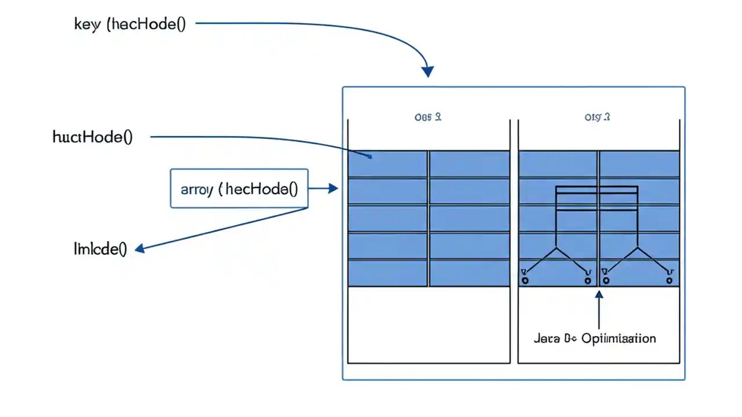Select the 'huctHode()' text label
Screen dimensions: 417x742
pos(93,137)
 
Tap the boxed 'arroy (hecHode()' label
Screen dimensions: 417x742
pos(239,189)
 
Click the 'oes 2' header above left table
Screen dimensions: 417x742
pos(428,117)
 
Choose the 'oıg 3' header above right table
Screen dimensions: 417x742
pos(598,117)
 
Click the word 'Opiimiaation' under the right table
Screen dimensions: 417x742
pos(619,338)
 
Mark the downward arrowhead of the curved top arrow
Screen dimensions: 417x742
pos(427,71)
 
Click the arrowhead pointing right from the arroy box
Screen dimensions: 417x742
pos(333,188)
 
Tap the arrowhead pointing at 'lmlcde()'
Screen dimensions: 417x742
pos(140,248)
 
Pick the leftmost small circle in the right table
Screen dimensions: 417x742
pos(525,281)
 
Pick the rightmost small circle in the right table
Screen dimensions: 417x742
pos(670,281)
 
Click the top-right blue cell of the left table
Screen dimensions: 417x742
pos(470,163)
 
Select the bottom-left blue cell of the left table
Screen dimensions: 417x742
pos(387,273)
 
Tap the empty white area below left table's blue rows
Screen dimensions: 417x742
pos(428,324)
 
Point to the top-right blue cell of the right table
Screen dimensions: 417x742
pos(639,163)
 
